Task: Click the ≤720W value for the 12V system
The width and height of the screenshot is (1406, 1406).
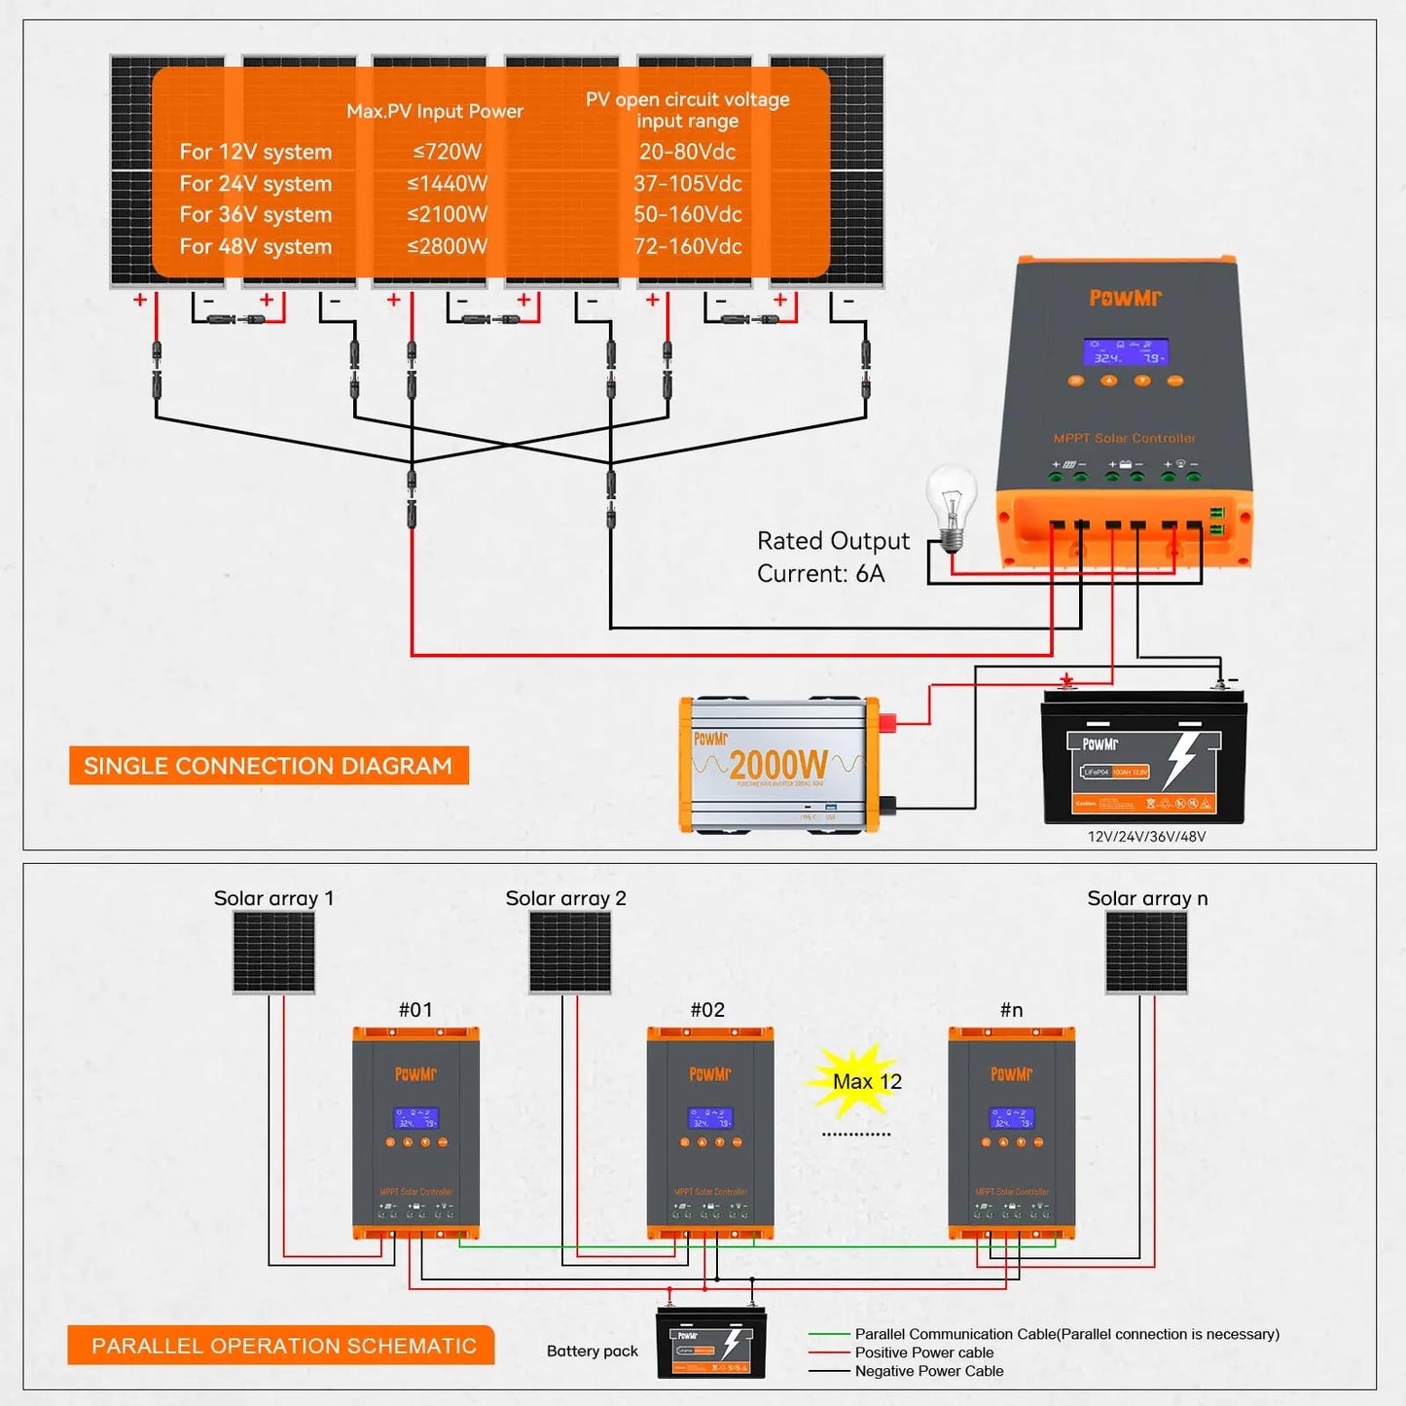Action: coord(447,152)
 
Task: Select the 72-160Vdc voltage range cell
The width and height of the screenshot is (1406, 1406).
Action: coord(687,246)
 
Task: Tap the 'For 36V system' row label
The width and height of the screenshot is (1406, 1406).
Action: coord(255,215)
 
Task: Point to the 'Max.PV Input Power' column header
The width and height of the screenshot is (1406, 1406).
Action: coord(435,111)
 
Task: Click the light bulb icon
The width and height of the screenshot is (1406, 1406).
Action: coord(951,506)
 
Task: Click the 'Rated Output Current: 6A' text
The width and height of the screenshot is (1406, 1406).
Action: coord(832,557)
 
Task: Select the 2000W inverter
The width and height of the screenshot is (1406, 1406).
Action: coord(778,765)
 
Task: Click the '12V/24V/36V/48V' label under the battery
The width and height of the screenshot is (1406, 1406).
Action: coord(1146,837)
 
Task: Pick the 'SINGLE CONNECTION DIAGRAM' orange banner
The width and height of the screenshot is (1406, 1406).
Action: coord(269,766)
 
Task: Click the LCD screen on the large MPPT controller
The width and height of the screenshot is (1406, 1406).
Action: coord(1125,352)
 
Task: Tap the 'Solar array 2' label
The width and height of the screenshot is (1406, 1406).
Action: coord(565,898)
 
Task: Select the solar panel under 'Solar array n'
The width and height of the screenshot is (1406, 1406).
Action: coord(1146,952)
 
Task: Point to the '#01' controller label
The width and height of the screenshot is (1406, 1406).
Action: coord(415,1010)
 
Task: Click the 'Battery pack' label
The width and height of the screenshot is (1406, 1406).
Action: coord(592,1351)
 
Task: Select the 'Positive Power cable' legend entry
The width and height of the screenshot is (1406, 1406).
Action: coord(923,1352)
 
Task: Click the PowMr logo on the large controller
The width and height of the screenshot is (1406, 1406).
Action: coord(1125,298)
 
